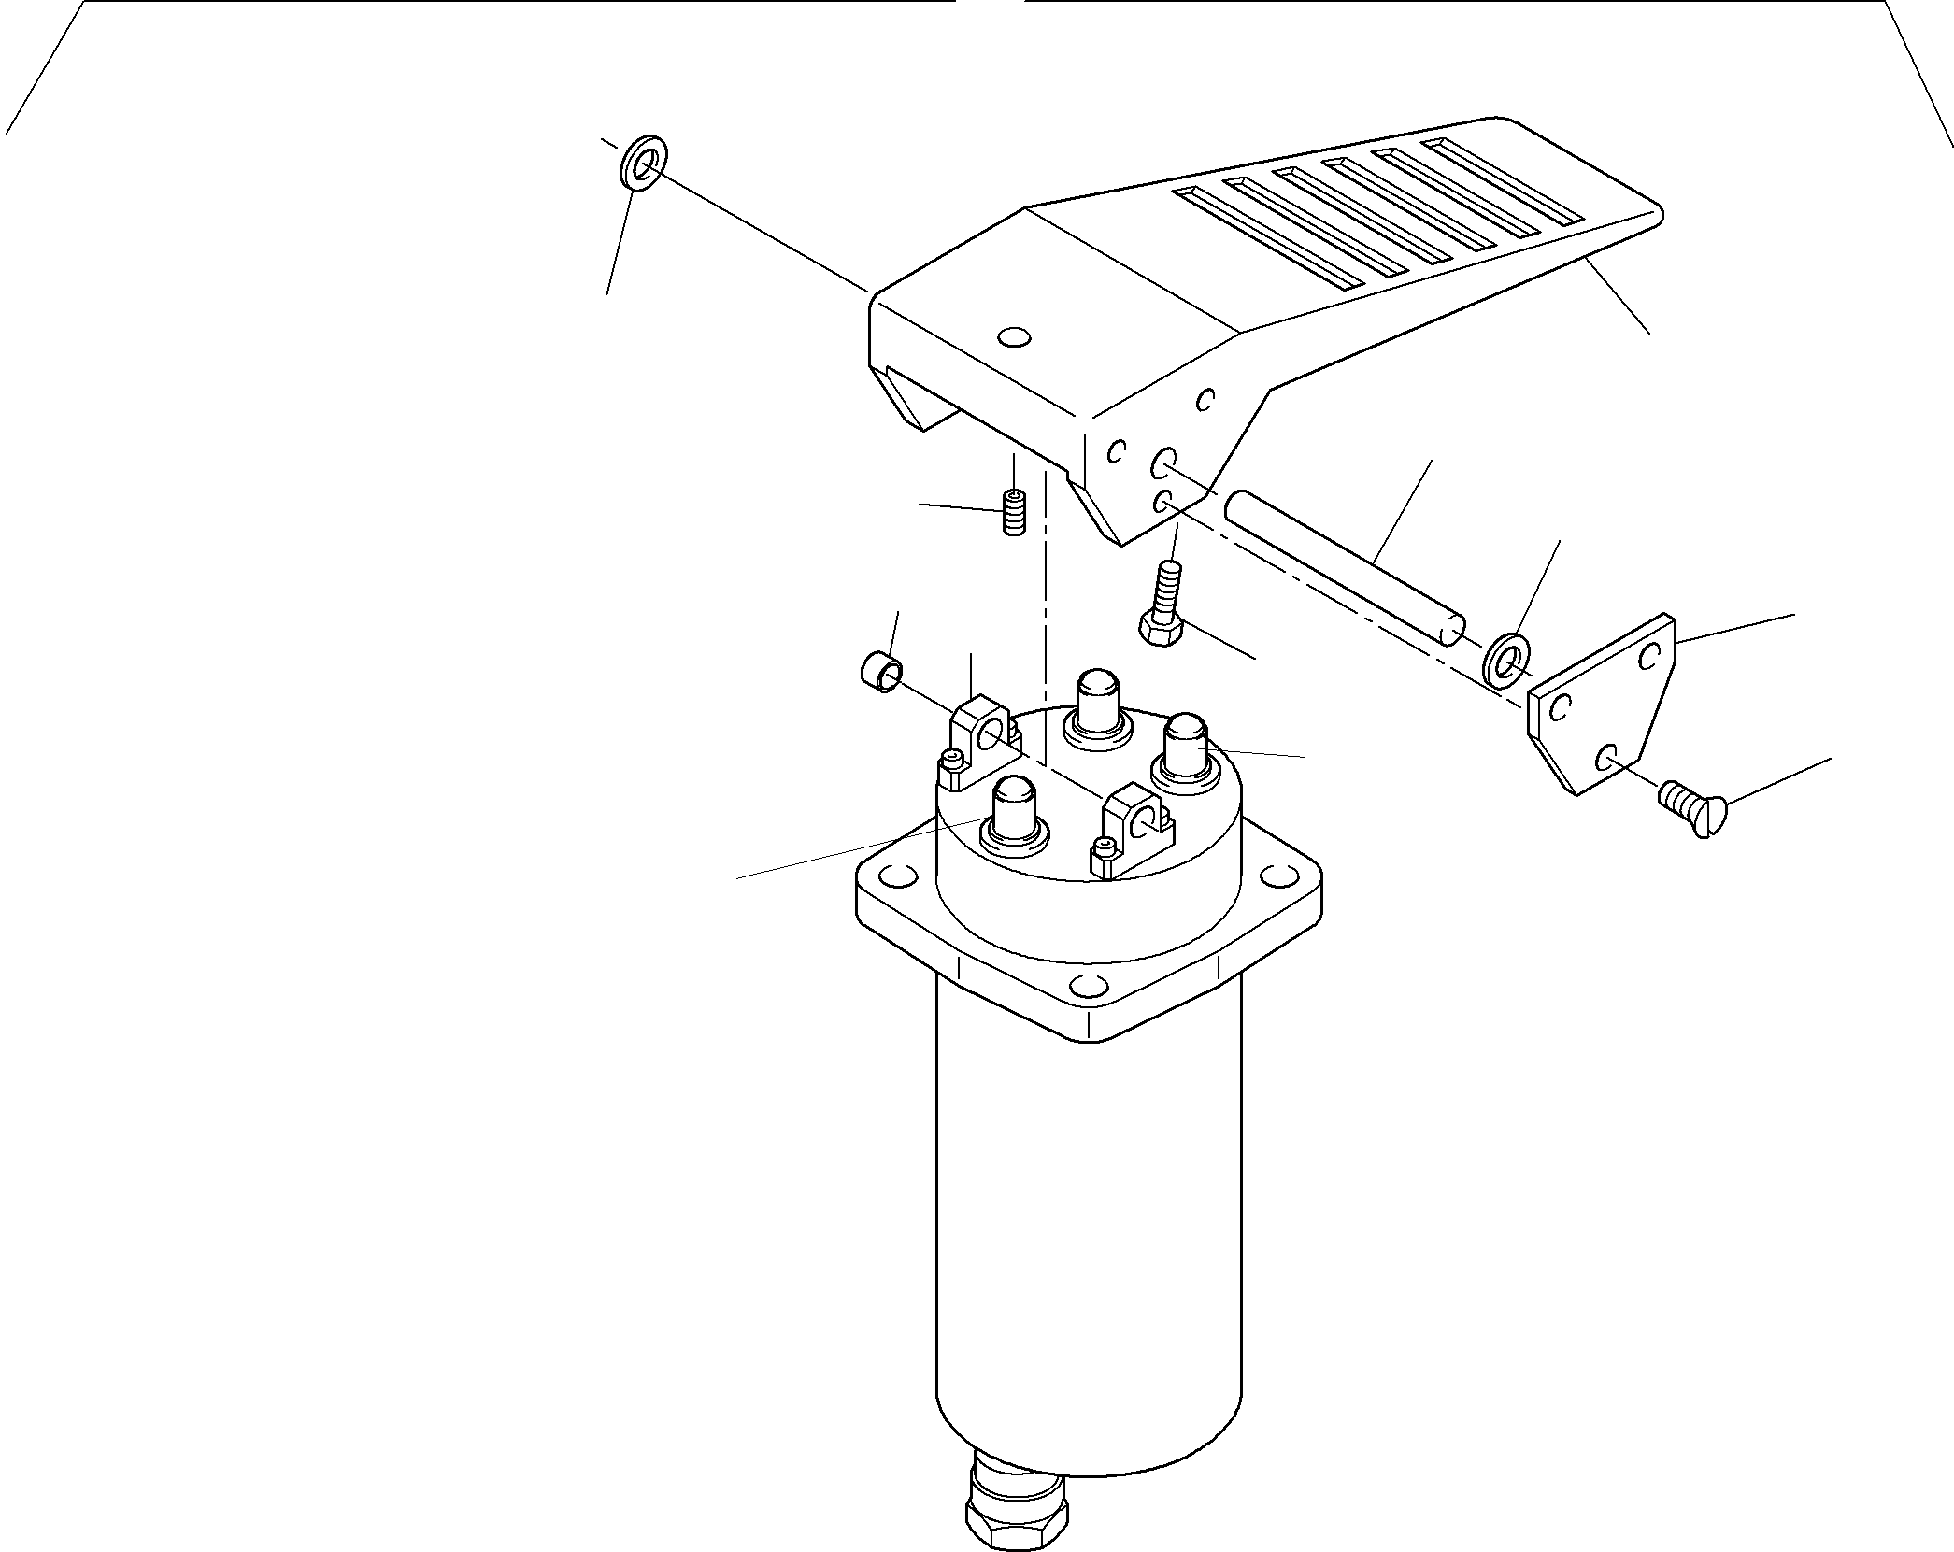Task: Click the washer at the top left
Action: click(x=642, y=162)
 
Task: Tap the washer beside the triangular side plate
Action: click(x=1506, y=665)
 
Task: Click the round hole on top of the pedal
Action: click(x=1014, y=337)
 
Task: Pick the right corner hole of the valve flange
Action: click(x=1275, y=876)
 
